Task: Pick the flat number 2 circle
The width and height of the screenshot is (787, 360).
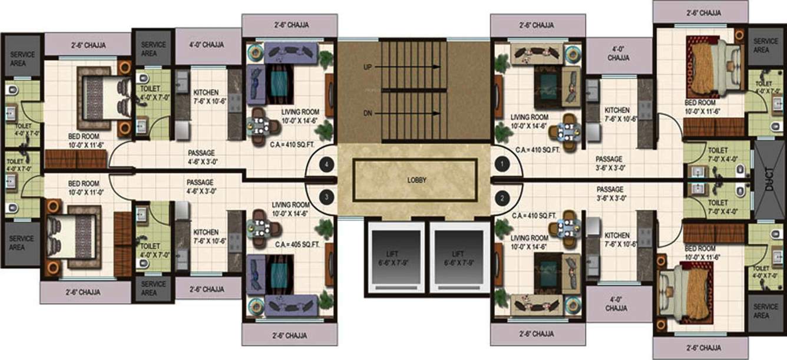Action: click(x=502, y=197)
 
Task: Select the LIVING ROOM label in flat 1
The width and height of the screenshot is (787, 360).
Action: click(x=531, y=121)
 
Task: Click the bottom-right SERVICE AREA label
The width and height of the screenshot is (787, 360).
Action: click(x=766, y=311)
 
